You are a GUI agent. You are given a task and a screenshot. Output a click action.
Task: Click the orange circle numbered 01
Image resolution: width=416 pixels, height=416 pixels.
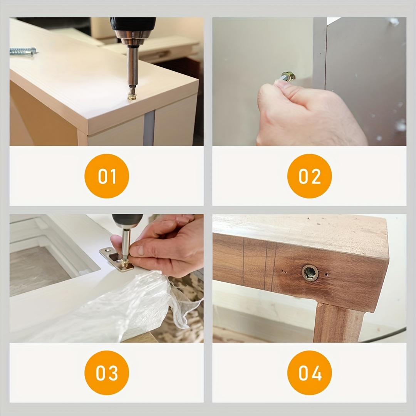click(x=107, y=176)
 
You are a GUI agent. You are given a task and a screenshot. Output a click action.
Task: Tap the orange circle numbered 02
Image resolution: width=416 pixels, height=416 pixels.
click(x=309, y=176)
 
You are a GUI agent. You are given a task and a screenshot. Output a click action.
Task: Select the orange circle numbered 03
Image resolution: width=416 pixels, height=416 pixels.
click(x=107, y=373)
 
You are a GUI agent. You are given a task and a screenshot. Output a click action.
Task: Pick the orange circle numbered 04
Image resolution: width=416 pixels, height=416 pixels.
click(x=309, y=373)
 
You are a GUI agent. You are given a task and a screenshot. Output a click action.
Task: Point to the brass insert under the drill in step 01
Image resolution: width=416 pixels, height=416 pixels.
click(x=132, y=96)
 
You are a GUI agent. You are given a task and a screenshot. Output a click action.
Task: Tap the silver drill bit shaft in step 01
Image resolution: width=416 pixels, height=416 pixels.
click(x=132, y=66)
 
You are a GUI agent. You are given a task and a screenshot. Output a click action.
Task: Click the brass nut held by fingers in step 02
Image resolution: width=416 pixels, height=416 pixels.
click(x=289, y=76)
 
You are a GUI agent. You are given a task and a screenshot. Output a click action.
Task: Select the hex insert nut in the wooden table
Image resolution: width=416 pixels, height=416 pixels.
click(x=310, y=272)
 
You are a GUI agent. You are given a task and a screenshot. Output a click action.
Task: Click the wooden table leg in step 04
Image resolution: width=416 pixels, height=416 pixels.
click(x=339, y=322)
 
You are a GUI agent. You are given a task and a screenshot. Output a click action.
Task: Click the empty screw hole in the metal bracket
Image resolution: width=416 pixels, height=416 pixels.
click(x=108, y=250)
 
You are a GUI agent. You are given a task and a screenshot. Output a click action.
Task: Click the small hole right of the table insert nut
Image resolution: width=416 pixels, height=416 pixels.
click(x=326, y=274)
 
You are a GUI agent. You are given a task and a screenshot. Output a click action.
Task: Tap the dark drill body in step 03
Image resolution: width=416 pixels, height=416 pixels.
click(x=127, y=220)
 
